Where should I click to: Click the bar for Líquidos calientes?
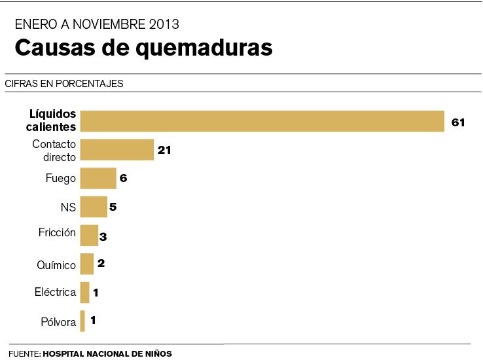(262, 121)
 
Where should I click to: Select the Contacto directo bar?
(116, 150)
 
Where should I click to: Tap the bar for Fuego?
(98, 178)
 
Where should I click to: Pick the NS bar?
(93, 207)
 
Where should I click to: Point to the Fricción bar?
(88, 235)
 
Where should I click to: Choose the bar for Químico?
(86, 264)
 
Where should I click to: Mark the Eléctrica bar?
(84, 292)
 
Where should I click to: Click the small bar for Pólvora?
(82, 321)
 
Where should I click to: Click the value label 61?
(457, 122)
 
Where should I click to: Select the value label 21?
(164, 150)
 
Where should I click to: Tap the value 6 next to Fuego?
(123, 178)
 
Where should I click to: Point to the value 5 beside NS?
(113, 207)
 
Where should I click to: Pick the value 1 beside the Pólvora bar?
(94, 321)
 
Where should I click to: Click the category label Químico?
(56, 265)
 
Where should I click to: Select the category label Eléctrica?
(55, 292)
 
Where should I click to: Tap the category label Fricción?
(58, 232)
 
